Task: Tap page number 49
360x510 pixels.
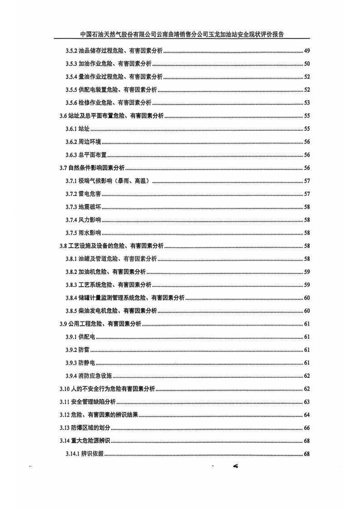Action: tap(306, 50)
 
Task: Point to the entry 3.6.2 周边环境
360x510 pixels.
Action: tap(86, 142)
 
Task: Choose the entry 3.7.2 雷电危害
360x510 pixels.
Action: tap(83, 194)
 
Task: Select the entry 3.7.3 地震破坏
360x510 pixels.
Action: tap(83, 207)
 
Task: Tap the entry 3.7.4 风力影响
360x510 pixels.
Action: tap(83, 220)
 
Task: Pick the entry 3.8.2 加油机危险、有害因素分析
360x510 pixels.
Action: tap(105, 272)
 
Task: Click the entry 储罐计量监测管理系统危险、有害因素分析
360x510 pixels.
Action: tap(132, 298)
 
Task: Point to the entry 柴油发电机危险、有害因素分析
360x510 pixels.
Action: tap(118, 311)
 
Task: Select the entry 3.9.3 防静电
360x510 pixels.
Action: tap(80, 363)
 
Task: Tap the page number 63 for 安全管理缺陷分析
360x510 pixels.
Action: tap(306, 402)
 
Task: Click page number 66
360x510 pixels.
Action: tap(306, 428)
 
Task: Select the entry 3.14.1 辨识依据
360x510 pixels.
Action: tap(84, 454)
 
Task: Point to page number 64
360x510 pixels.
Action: tap(306, 415)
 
